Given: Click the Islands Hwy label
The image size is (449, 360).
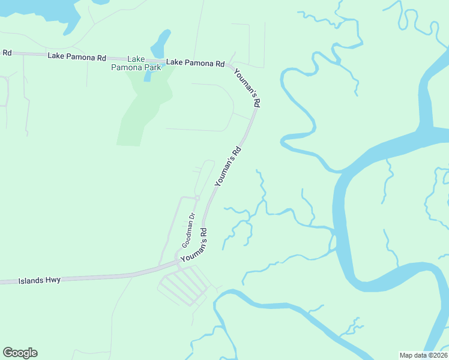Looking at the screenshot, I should (x=40, y=280).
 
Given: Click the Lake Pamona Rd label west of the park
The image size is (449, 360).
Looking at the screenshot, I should (x=77, y=57).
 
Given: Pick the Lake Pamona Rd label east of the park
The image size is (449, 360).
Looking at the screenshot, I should (x=195, y=62).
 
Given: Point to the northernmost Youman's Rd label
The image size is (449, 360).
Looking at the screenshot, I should (x=246, y=88).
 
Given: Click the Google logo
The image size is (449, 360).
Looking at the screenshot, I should (x=20, y=353).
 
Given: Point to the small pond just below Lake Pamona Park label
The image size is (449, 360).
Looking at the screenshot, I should (x=148, y=75).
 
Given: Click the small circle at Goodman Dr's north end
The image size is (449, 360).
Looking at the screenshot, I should (x=197, y=198).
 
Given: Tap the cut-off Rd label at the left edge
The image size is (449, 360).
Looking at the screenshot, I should (x=7, y=53).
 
